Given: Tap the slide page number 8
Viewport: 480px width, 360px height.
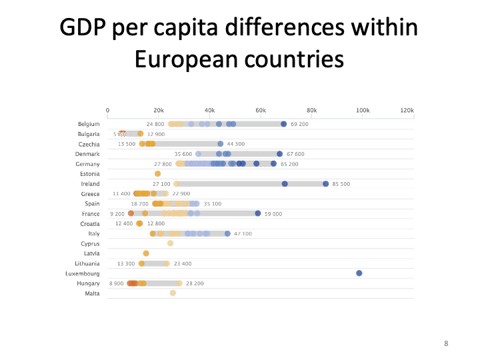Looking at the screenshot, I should click(446, 343).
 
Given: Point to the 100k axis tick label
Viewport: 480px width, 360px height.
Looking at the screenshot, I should click(363, 110).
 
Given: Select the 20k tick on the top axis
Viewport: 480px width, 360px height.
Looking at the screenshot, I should click(159, 110).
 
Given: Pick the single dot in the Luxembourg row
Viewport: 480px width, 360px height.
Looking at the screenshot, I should click(359, 273).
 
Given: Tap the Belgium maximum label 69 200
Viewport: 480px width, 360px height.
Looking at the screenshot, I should click(299, 124).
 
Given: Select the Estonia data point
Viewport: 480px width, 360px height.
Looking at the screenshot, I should click(157, 174).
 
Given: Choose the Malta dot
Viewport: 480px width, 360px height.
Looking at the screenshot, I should click(173, 293).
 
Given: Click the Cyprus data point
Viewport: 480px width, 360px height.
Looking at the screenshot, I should click(170, 243).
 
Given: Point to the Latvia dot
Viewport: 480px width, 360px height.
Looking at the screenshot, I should click(146, 253).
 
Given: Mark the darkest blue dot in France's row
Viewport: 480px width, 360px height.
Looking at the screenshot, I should click(258, 213).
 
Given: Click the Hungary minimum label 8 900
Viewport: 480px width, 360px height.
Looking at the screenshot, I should click(117, 283).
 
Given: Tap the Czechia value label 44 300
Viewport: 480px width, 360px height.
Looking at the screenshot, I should click(235, 144).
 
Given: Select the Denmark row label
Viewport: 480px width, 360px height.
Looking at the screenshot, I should click(87, 154).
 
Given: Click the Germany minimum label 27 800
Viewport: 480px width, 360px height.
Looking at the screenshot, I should click(163, 164).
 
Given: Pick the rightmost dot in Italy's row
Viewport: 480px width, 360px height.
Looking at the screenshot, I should click(227, 233).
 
